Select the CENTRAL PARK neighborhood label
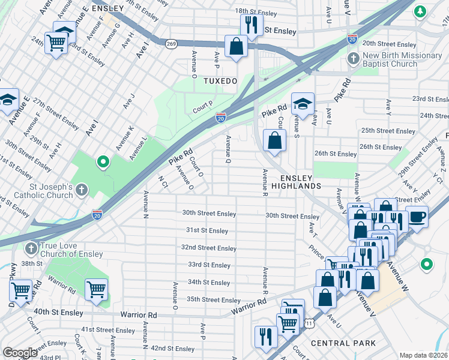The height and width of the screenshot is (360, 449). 343,343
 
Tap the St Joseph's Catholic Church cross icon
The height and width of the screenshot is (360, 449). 81,190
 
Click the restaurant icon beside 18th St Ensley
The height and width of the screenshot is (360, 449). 251,25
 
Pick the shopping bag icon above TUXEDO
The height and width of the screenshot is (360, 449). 237,46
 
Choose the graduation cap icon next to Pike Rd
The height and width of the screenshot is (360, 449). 303,103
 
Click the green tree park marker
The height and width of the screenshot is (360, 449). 420,10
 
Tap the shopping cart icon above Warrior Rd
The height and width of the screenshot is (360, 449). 96,290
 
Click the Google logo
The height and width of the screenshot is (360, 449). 20,353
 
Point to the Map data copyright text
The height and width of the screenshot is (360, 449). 424,355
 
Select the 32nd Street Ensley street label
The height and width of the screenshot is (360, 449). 209,248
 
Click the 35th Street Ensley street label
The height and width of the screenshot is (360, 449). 213,300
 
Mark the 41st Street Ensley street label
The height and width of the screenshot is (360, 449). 109,330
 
